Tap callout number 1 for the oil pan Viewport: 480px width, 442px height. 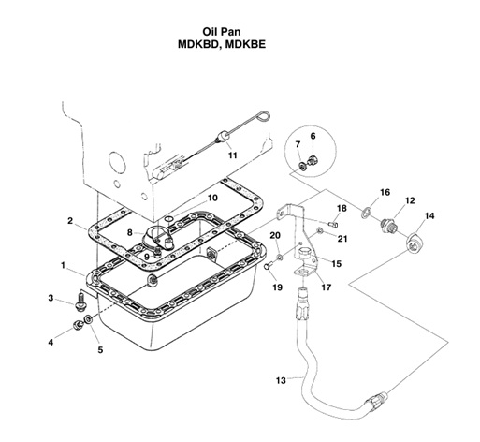(x=63, y=266)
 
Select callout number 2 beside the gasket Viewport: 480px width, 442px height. (x=70, y=221)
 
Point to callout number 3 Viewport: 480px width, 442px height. (x=51, y=298)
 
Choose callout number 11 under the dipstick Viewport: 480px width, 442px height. (x=233, y=155)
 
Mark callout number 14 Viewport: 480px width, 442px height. (x=429, y=216)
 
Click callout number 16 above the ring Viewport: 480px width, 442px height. (x=385, y=192)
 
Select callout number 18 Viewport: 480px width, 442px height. (x=342, y=208)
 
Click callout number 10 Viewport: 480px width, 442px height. (x=212, y=198)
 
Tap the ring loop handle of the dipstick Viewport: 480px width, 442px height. (x=263, y=114)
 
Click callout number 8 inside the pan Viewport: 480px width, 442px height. (x=131, y=230)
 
